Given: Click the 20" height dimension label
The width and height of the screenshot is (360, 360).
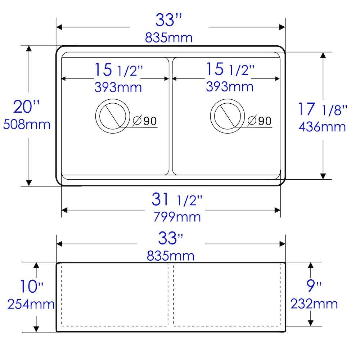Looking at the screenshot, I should tap(26, 107).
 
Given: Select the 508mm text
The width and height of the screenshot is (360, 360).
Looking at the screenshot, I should tap(26, 125).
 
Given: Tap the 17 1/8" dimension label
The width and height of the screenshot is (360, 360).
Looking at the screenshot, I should tap(322, 109).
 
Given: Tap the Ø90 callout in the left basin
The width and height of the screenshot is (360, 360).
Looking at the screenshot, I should tap(145, 121).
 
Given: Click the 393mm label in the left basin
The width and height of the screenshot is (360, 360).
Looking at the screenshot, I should tap(118, 87).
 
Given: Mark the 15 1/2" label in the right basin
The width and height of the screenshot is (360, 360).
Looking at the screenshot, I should tap(230, 69).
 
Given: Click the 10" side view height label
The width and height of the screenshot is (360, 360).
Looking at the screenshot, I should tap(31, 287).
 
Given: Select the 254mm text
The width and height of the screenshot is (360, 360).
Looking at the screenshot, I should tap(31, 305).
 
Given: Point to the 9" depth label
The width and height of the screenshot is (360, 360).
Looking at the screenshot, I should tap(314, 287).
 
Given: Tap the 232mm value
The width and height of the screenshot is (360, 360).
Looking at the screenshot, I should tap(314, 304).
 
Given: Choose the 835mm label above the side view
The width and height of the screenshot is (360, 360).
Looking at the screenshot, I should tap(170, 256).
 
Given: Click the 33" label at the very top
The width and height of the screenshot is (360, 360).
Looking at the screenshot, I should tap(169, 21).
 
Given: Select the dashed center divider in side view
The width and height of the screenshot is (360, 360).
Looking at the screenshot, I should tap(171, 295).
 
